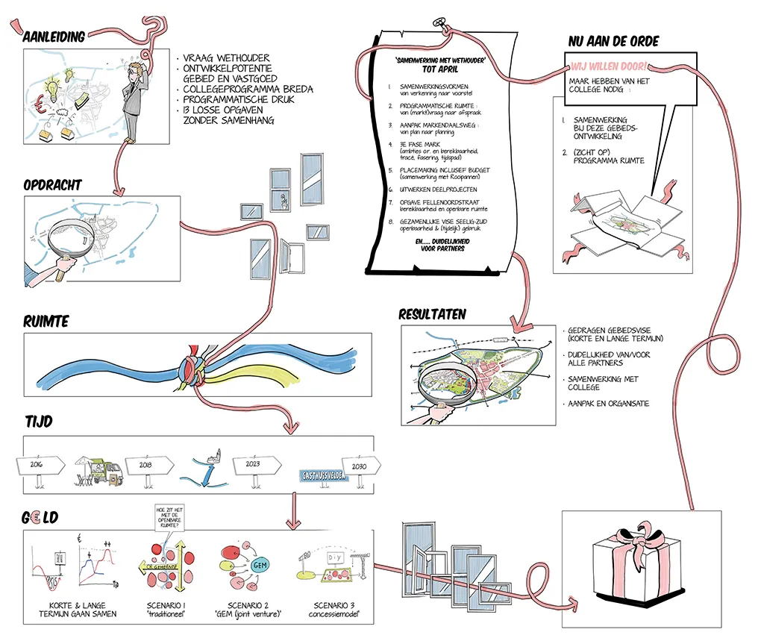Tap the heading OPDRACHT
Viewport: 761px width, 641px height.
(x=52, y=184)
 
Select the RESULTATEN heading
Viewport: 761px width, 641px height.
(x=432, y=314)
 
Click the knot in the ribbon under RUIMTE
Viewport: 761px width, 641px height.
(x=190, y=369)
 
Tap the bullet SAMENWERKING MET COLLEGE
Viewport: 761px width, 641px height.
(x=602, y=383)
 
